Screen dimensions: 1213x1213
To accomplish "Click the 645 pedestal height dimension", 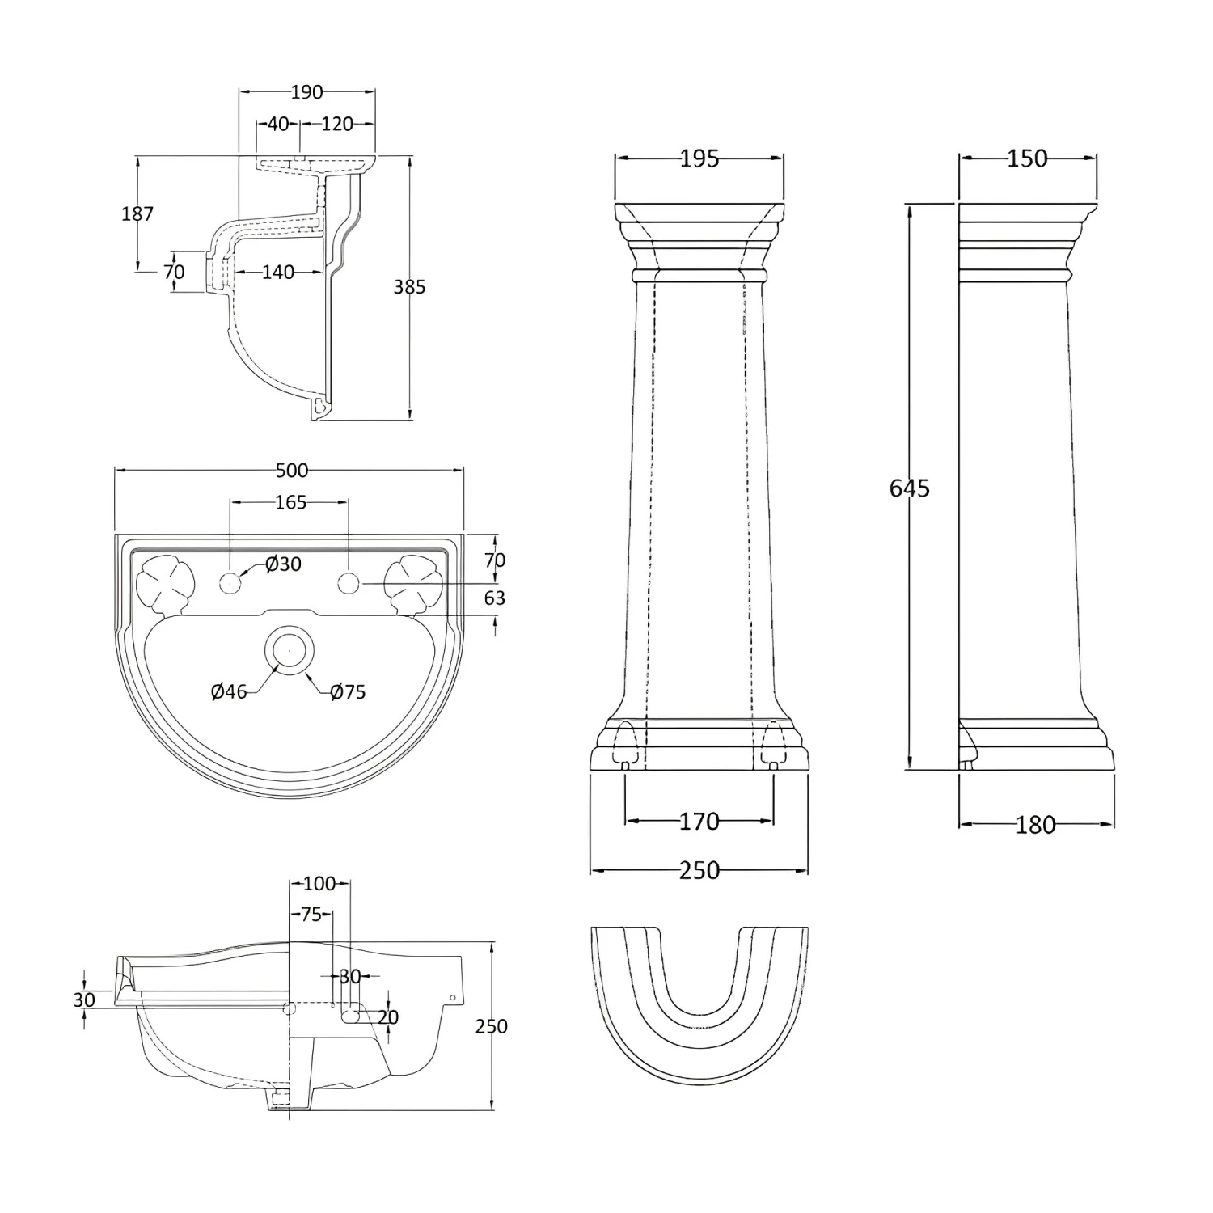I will pos(909,488).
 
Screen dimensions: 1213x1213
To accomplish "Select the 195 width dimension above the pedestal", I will pos(699,159).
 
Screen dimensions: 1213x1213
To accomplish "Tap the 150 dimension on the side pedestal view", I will pos(1027,158).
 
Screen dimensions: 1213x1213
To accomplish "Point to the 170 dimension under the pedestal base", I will pos(699,822).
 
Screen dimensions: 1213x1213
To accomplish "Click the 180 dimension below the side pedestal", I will pos(1036,825).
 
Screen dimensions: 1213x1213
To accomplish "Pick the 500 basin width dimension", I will pos(292,470).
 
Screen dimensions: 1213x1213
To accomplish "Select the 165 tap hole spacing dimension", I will pos(290,502).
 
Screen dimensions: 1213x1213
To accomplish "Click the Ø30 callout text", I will pos(283,564).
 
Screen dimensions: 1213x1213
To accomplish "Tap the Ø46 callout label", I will pos(229,691).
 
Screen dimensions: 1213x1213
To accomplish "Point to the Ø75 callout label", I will pos(348,691).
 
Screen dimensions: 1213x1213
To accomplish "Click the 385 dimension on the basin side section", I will pos(409,286).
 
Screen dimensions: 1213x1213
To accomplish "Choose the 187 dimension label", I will pos(137,213).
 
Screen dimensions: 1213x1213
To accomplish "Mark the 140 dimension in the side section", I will pos(278,273).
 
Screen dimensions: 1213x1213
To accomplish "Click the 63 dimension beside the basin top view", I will pos(494,598).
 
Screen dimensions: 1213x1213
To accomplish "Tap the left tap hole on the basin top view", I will pos(230,582).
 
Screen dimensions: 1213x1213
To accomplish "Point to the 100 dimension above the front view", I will pos(319,884).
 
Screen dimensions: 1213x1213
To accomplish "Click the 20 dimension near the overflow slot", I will pos(388,1016).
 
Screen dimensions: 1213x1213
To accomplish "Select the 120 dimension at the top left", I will pos(336,124).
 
